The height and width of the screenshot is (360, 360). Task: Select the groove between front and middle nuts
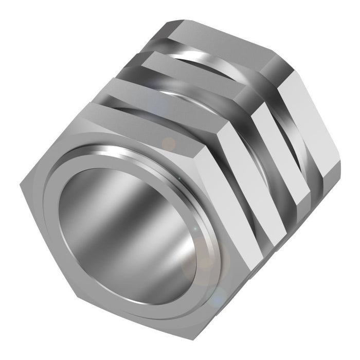(180, 93)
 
